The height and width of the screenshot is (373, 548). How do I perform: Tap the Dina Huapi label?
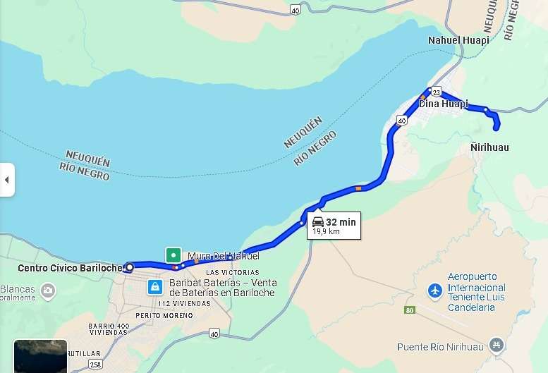click(x=444, y=104)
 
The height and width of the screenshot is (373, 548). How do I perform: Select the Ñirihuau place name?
click(x=489, y=147)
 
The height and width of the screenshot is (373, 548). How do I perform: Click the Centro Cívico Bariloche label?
click(x=70, y=268)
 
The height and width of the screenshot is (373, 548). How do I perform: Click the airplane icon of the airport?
click(x=434, y=291)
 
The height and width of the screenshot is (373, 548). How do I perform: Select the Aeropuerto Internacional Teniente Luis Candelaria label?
click(x=477, y=292)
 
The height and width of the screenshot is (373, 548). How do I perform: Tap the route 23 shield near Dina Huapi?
click(x=437, y=93)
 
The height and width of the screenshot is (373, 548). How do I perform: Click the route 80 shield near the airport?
click(x=410, y=310)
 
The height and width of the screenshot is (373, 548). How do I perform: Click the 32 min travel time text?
click(x=341, y=222)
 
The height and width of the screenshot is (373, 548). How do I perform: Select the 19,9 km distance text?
click(x=326, y=231)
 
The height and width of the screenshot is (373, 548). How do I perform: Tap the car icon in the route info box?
click(x=318, y=222)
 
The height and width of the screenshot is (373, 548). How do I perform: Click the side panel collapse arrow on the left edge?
click(x=6, y=180)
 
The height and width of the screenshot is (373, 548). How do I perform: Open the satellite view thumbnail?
click(x=40, y=357)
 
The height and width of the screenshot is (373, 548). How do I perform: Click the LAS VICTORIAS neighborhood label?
click(x=232, y=272)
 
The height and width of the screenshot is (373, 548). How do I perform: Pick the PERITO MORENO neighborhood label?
click(x=164, y=315)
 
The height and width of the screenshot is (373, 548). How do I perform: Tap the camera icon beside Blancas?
click(x=48, y=290)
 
